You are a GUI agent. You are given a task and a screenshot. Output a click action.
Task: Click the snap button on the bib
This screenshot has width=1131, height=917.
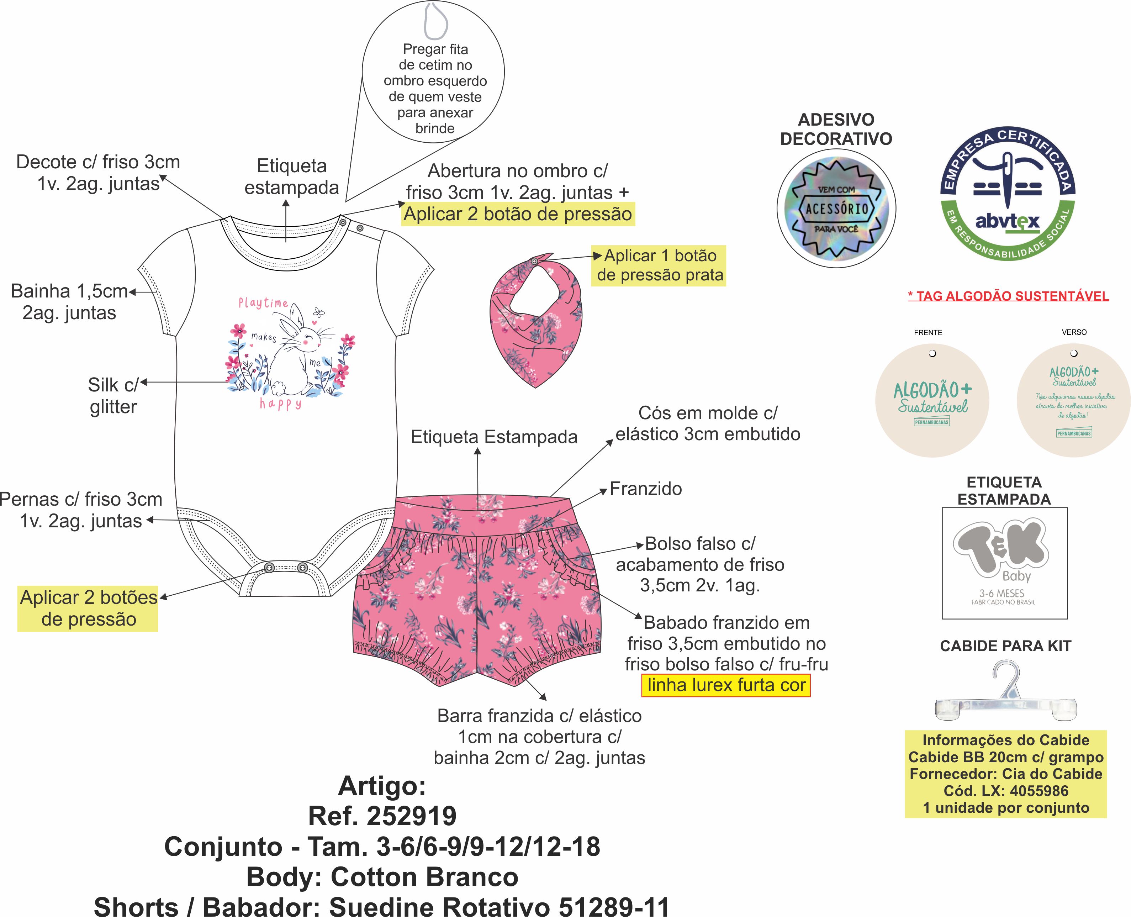click(534, 262)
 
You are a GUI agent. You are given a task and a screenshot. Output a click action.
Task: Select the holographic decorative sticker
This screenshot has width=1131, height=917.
click(836, 209)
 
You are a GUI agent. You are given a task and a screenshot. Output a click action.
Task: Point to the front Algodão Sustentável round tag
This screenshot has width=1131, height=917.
click(932, 400)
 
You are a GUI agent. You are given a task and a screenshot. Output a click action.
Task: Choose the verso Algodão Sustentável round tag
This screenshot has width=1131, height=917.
click(1073, 400)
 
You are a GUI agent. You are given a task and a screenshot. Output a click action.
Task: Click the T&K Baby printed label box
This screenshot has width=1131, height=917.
click(1004, 563)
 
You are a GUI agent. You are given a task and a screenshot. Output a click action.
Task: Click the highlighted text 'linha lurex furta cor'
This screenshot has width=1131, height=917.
click(726, 685)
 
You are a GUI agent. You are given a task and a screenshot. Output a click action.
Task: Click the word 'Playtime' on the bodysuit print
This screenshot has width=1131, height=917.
click(263, 303)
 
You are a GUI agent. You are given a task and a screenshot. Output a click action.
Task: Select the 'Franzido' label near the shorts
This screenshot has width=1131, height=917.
click(645, 489)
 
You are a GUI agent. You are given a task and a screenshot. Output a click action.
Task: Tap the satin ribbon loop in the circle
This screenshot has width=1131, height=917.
click(435, 21)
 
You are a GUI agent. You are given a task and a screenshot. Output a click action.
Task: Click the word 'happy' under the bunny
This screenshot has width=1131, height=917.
click(280, 404)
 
